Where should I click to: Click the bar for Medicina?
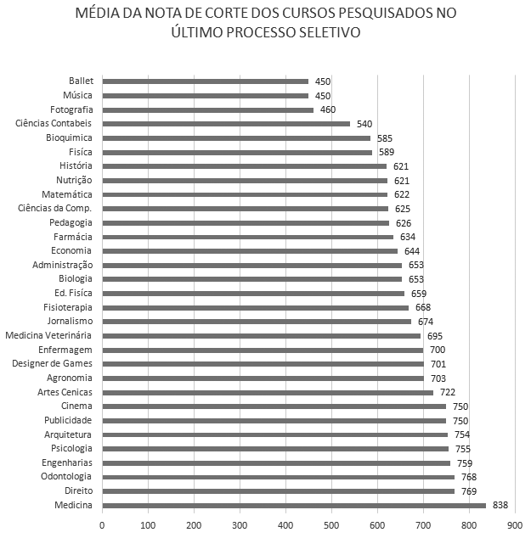coord(294,505)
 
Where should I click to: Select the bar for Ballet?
coord(206,81)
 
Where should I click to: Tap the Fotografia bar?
coord(208,109)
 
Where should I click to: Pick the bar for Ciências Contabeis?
coord(226,124)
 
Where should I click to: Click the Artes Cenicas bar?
coord(268,392)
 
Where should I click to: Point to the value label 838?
coord(500,505)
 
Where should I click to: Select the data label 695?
coord(434,336)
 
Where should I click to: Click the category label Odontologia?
coord(67,477)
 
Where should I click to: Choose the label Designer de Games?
coord(52,364)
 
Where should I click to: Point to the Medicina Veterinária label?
coord(48,336)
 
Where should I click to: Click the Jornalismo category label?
coord(70,322)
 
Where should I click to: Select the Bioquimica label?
coord(70,137)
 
